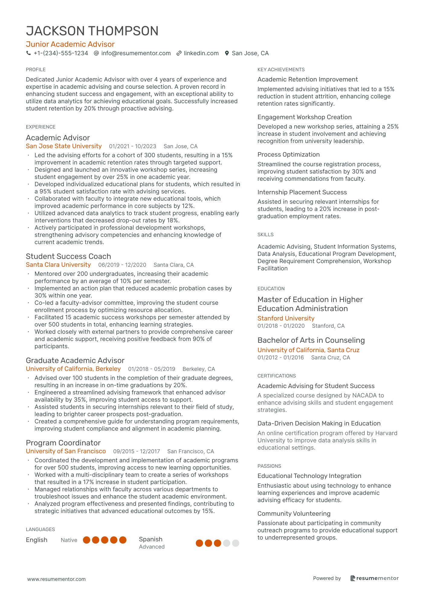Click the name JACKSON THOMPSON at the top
coord(92,31)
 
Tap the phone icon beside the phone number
coord(28,53)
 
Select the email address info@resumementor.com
coord(136,53)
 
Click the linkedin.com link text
coord(201,53)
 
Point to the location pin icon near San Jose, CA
coord(227,53)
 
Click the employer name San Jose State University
coord(64,146)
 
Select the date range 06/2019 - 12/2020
coord(122,265)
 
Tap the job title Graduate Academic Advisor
coord(75,360)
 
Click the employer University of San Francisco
coord(66,451)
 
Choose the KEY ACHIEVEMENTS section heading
coord(281,69)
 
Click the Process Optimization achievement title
coord(289,154)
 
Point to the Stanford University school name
coord(286,318)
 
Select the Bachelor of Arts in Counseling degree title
coord(311,340)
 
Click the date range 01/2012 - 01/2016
coord(281,358)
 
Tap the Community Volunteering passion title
coord(294,514)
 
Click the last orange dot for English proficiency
coord(123,540)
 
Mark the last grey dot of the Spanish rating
coord(236,543)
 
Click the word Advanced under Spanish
coord(152,547)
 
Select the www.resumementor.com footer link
coord(56,579)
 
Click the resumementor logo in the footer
coord(374,578)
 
